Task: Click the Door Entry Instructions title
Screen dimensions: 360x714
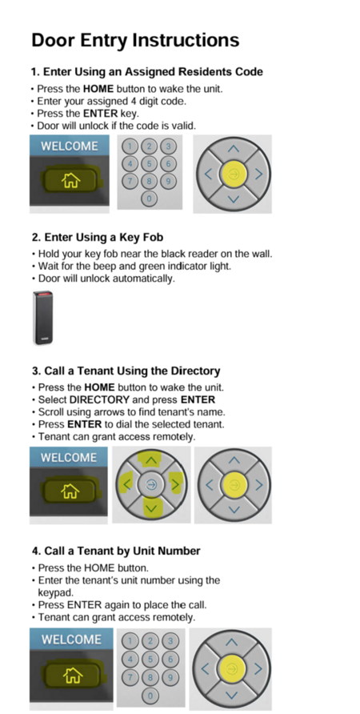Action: (135, 40)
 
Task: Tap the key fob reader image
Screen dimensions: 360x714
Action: (42, 318)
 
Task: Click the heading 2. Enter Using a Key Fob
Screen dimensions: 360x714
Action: (98, 237)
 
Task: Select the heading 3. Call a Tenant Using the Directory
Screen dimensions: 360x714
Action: (126, 371)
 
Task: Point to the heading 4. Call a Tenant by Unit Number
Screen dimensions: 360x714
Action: (116, 551)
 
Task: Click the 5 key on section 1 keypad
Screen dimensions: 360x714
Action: (149, 163)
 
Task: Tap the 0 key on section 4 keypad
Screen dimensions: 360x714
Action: (150, 696)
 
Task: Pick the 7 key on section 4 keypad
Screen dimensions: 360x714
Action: (130, 677)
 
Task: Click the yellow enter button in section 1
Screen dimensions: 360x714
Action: (233, 174)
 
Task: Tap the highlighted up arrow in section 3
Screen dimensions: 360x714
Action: (150, 460)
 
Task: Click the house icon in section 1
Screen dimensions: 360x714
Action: (70, 181)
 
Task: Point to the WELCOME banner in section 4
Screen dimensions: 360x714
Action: (71, 640)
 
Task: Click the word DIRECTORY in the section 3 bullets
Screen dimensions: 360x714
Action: (99, 399)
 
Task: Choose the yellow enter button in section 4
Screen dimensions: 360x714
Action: (232, 668)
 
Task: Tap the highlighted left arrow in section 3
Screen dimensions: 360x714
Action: (126, 484)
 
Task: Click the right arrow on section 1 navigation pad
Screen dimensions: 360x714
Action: (258, 174)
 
